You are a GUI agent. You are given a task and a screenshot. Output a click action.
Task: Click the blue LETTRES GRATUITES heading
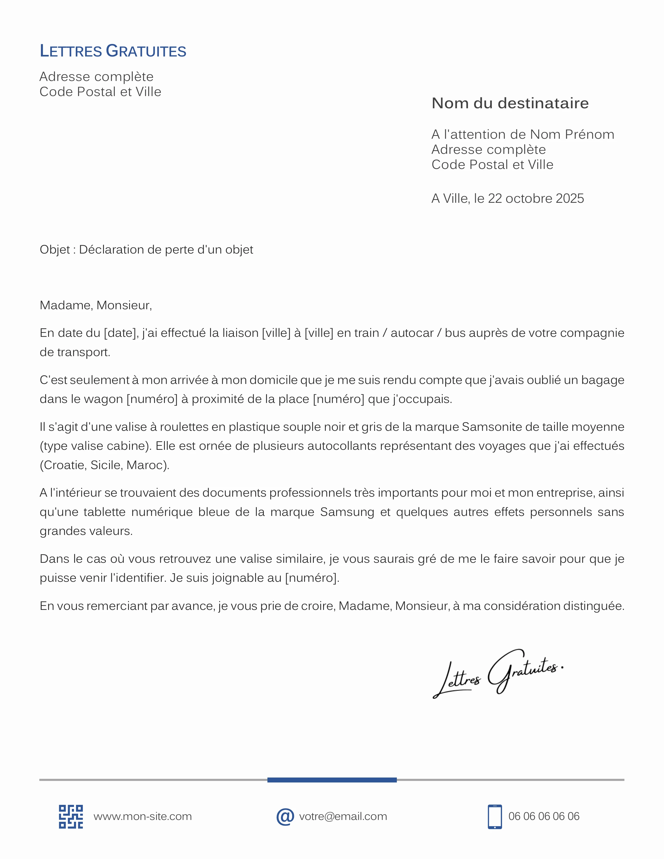click(113, 51)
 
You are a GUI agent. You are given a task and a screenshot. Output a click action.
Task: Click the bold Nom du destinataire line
click(510, 103)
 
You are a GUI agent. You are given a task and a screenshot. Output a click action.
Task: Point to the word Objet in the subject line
click(55, 249)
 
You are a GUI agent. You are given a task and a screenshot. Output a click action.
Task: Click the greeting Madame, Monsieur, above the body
click(96, 305)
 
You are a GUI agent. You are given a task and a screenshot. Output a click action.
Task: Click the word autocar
click(412, 333)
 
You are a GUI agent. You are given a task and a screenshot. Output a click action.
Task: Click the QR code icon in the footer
click(71, 817)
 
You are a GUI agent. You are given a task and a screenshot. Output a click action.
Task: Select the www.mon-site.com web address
click(142, 817)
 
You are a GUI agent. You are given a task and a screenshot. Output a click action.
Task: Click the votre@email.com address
click(343, 817)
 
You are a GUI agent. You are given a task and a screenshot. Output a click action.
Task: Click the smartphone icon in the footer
click(494, 817)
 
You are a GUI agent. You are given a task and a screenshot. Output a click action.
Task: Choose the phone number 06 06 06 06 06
click(544, 817)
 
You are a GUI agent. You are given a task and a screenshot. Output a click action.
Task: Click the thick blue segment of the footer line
click(332, 780)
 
